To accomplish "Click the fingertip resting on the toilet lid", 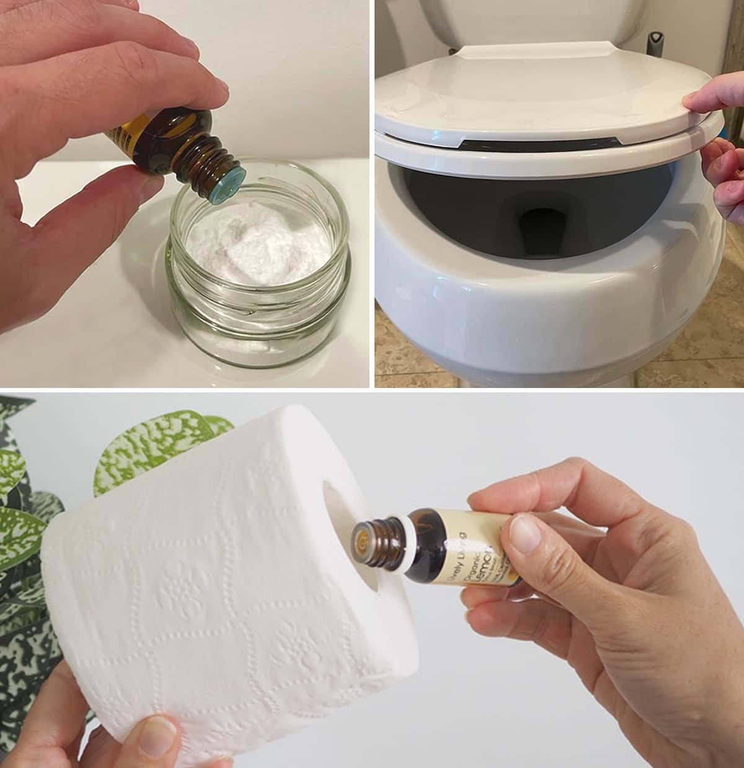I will tap(701, 99).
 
